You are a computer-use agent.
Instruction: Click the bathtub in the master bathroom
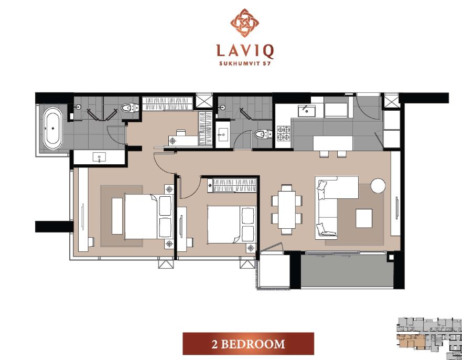[53, 128]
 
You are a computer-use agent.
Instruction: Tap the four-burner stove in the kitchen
[284, 133]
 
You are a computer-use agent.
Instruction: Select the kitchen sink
[306, 111]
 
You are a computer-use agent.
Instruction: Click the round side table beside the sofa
[378, 186]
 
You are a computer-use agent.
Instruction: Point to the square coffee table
[364, 218]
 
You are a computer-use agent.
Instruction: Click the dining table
[287, 209]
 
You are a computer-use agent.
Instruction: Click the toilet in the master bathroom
[130, 108]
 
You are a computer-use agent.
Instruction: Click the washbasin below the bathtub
[99, 157]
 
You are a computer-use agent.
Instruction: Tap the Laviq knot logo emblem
[244, 23]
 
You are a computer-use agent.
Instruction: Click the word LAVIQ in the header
[245, 51]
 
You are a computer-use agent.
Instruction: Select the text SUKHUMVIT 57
[245, 63]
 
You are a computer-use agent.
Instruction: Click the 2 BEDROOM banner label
[248, 344]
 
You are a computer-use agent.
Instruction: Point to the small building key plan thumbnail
[429, 338]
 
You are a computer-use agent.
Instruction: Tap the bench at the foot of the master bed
[117, 216]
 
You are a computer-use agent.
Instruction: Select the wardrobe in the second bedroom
[232, 185]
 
